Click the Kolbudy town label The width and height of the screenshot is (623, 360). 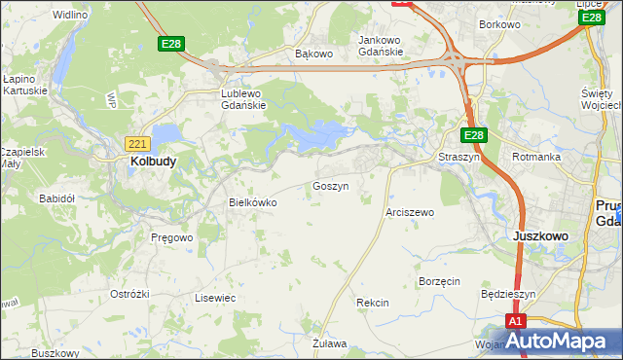(153, 162)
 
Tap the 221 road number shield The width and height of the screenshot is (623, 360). (137, 143)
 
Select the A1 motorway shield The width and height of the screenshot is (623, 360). (516, 321)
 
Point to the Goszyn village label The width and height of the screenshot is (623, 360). (330, 185)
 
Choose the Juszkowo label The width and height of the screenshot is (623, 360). (539, 235)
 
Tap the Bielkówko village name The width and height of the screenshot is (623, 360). (252, 202)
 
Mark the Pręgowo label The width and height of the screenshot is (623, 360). (172, 236)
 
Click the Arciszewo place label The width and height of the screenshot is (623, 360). (410, 211)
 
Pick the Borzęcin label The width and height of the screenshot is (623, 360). (438, 280)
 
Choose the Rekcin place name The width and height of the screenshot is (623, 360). (373, 303)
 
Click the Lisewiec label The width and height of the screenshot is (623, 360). (215, 297)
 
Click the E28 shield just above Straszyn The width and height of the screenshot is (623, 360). (473, 135)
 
